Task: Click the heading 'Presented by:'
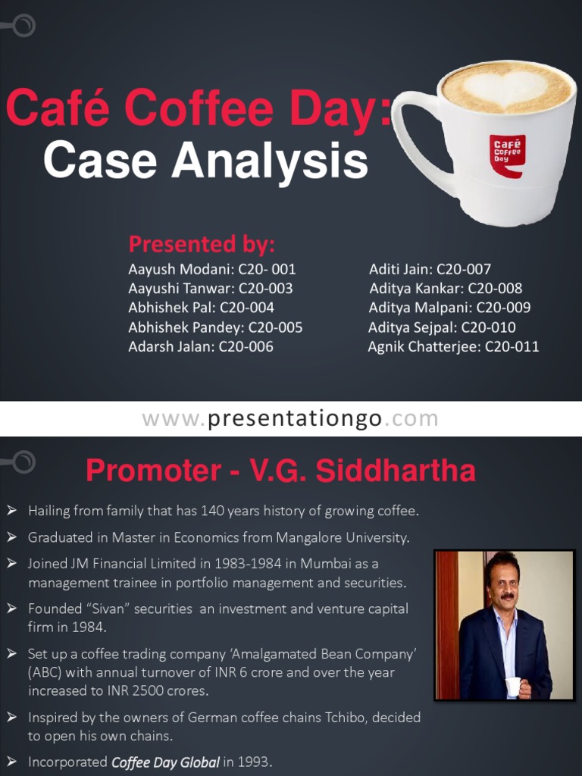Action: click(x=201, y=244)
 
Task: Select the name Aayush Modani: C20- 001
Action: click(x=212, y=269)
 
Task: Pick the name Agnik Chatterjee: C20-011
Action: click(x=453, y=347)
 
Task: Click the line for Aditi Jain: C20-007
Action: click(x=430, y=269)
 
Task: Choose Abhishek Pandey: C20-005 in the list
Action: click(x=215, y=327)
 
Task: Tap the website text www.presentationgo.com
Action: click(x=290, y=418)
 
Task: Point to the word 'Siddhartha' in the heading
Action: click(x=396, y=471)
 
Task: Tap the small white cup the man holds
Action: click(x=514, y=687)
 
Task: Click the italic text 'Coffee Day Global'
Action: click(x=165, y=762)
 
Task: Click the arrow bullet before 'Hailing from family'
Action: click(x=12, y=511)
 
